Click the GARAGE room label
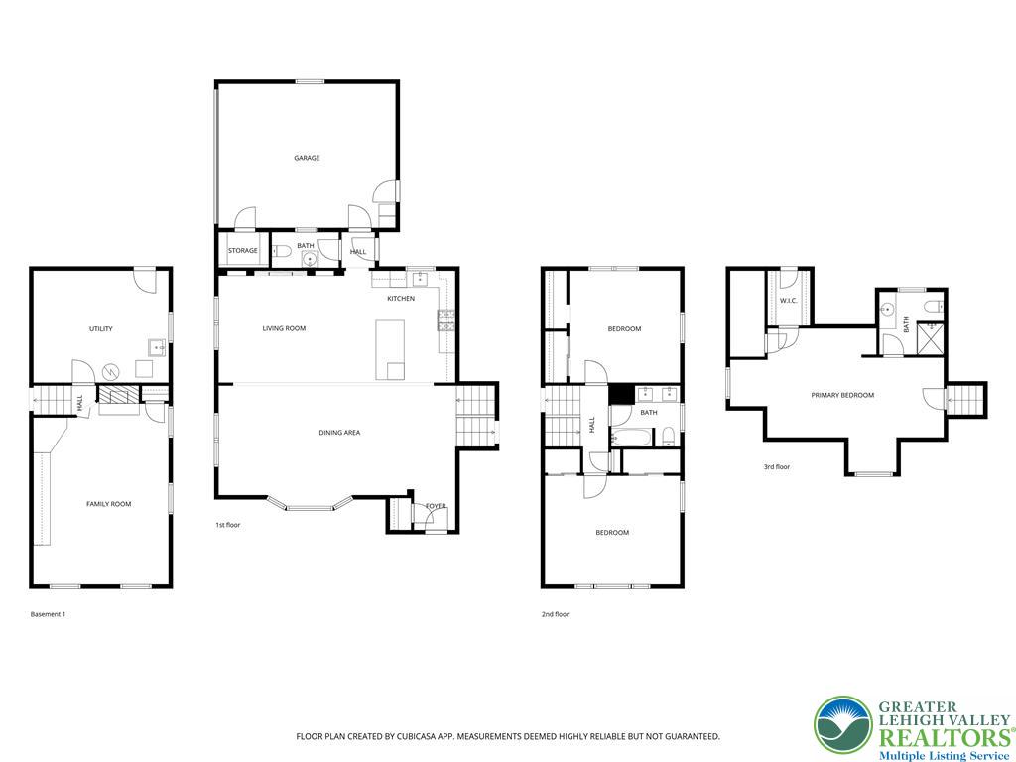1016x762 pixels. point(307,158)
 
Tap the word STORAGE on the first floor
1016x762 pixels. point(243,251)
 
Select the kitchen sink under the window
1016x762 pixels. point(419,277)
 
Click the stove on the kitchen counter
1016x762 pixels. point(445,318)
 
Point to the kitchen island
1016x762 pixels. point(391,349)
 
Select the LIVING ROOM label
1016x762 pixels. point(284,328)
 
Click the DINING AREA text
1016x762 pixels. point(339,432)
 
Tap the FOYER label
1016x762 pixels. point(436,506)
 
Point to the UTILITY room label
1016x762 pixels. point(100,329)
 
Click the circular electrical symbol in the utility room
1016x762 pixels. point(112,371)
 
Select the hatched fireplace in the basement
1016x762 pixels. point(118,394)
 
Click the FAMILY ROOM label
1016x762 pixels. point(108,504)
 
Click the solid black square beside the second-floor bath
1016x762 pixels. point(621,393)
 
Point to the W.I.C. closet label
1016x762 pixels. point(790,301)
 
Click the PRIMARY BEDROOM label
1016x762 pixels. point(842,395)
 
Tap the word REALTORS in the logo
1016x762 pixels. point(939,737)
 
